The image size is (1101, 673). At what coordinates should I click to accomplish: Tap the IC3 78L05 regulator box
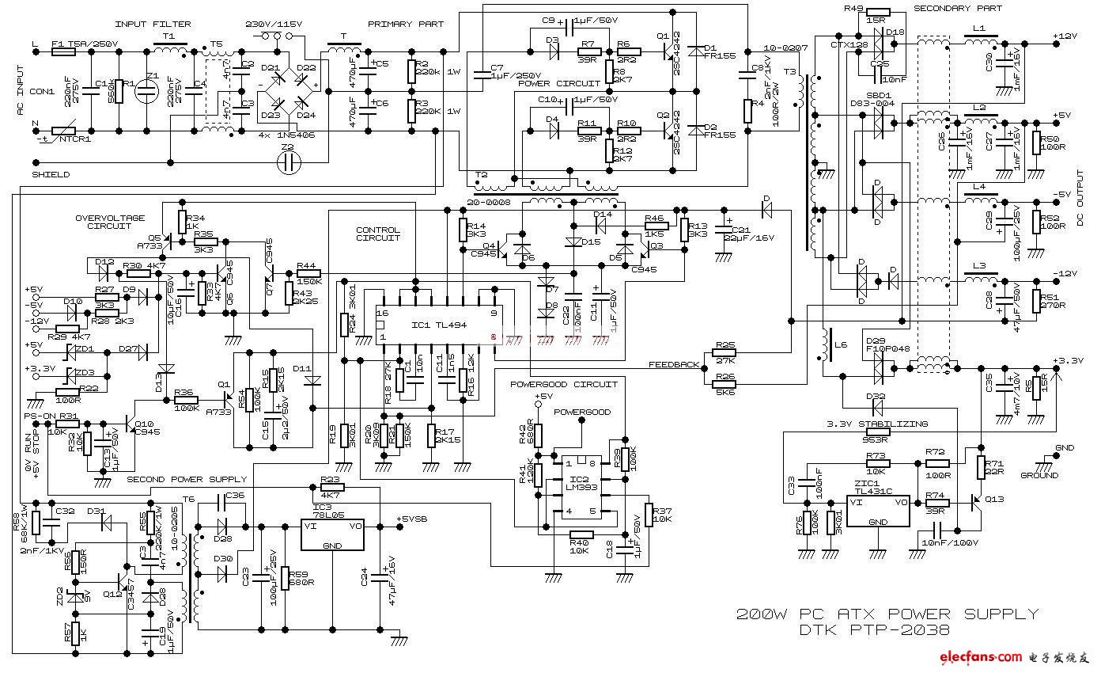click(333, 535)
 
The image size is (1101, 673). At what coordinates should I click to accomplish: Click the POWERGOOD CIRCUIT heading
click(563, 385)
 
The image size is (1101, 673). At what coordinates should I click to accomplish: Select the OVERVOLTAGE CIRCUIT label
click(110, 222)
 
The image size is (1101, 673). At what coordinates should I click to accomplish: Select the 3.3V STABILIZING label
click(878, 424)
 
